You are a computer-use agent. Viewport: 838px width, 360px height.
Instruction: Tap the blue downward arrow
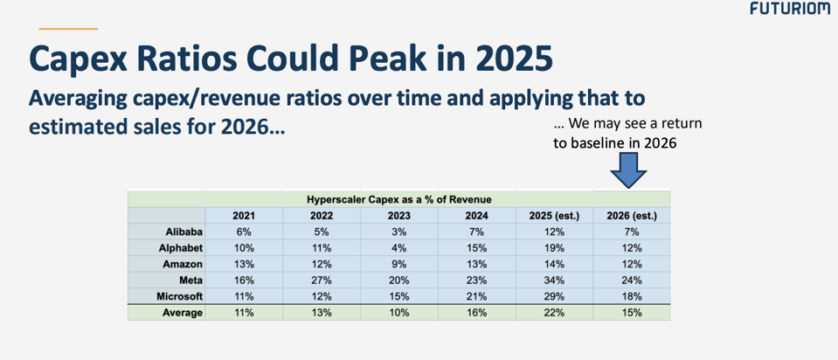[628, 169]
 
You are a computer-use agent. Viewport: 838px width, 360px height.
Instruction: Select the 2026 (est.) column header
[632, 216]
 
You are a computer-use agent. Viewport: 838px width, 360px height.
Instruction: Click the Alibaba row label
[184, 232]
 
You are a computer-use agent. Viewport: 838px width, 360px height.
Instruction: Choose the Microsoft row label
[180, 296]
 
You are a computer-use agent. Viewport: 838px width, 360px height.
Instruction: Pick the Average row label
[184, 313]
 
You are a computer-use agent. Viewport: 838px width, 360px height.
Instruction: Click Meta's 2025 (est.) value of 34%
[554, 280]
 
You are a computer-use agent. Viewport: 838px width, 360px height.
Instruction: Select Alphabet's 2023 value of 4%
[398, 248]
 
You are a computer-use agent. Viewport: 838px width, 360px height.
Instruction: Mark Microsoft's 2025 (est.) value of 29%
[554, 296]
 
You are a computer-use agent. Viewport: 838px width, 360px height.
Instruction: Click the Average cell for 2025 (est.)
[554, 313]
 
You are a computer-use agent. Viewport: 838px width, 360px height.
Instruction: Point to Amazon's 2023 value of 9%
[398, 264]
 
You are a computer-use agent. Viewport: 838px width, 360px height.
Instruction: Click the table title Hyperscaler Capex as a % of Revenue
[398, 199]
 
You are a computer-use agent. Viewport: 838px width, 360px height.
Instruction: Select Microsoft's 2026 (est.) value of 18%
[632, 296]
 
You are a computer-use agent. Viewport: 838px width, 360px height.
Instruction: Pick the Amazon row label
[183, 264]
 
